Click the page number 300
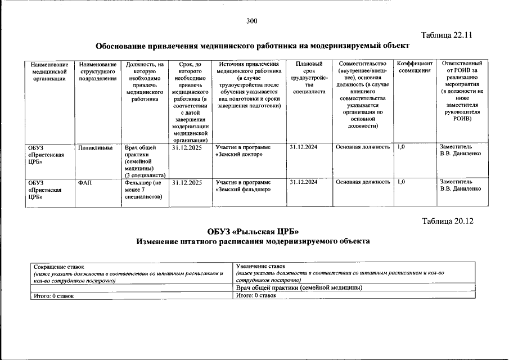pos(251,21)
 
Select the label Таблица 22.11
pos(447,35)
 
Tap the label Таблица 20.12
pos(448,220)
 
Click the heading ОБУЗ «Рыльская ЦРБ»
pos(253,231)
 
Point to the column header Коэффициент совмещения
pos(415,67)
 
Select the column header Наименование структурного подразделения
pos(98,71)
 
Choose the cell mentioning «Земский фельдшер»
pos(243,186)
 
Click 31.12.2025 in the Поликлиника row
pos(187,147)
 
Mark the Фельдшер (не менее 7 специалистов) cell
pos(143,190)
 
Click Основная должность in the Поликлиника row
pos(362,147)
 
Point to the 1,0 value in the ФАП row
pos(400,183)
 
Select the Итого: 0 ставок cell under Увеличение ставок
pos(256,295)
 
